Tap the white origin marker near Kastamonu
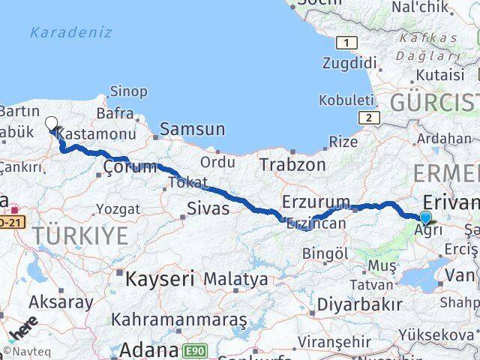[51, 123]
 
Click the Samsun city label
[192, 129]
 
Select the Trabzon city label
[292, 164]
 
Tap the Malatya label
[235, 279]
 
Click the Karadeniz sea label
[71, 32]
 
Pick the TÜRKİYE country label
[80, 235]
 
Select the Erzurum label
[316, 201]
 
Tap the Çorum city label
[130, 166]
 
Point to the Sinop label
[129, 91]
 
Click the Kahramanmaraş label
[179, 319]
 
